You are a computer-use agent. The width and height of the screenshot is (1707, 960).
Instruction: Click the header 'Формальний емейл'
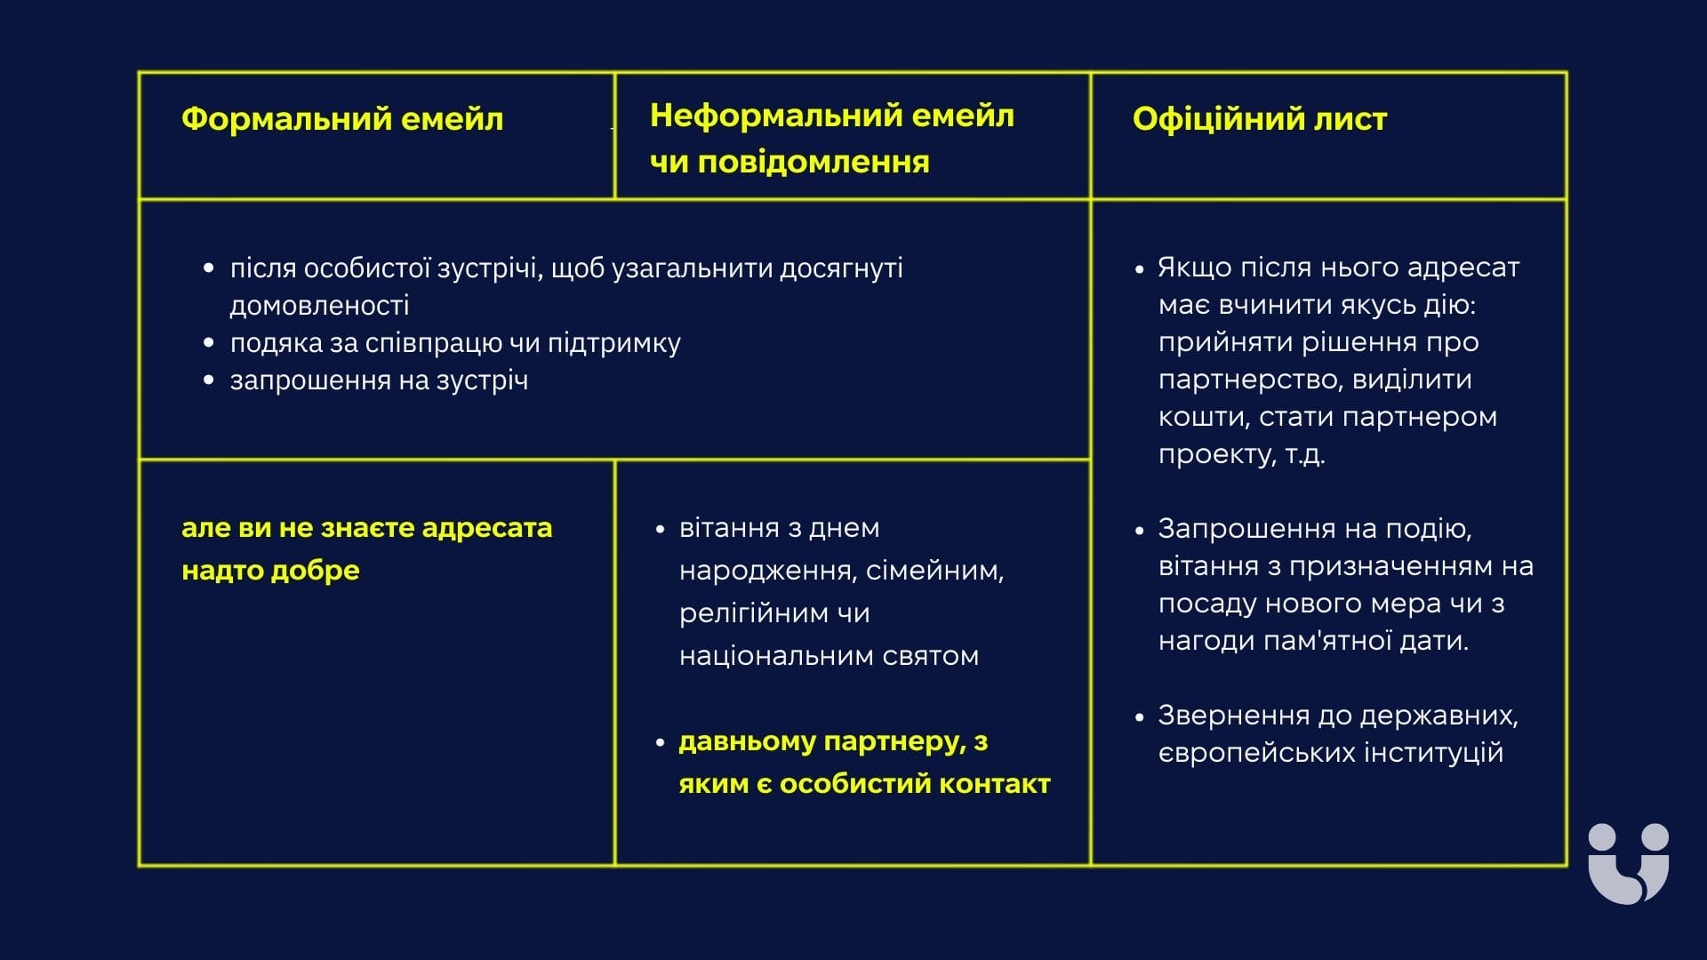click(342, 119)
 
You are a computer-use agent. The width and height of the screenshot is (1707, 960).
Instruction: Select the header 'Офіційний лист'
click(1259, 119)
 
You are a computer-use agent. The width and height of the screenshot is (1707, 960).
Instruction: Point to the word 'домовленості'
click(319, 306)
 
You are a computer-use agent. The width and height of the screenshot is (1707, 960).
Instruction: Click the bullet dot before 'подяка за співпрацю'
click(209, 343)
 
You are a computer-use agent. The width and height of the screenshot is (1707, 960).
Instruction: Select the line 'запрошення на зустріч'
click(379, 380)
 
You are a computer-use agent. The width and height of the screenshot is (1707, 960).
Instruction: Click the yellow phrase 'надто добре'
click(270, 570)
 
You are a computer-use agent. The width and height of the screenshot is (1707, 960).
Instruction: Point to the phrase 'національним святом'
click(829, 656)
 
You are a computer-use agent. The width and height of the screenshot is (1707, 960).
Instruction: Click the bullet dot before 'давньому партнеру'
click(660, 742)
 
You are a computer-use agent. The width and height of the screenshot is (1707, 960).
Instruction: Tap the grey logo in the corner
click(1628, 863)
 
